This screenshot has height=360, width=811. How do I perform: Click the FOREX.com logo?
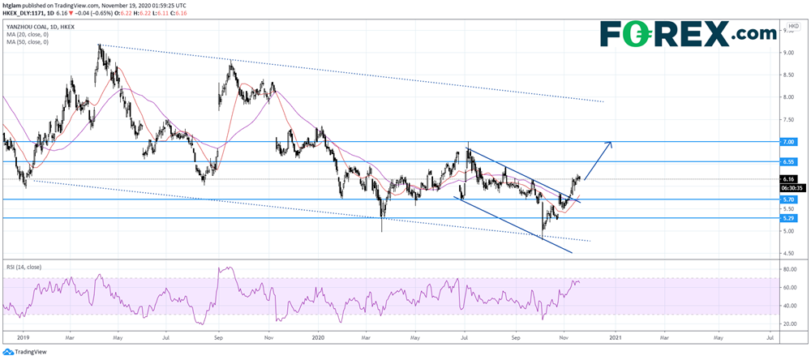[688, 35]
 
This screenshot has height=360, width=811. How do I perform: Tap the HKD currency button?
[792, 27]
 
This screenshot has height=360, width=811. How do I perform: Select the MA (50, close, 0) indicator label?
[28, 41]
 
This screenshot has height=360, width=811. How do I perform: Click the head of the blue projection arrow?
[611, 143]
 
